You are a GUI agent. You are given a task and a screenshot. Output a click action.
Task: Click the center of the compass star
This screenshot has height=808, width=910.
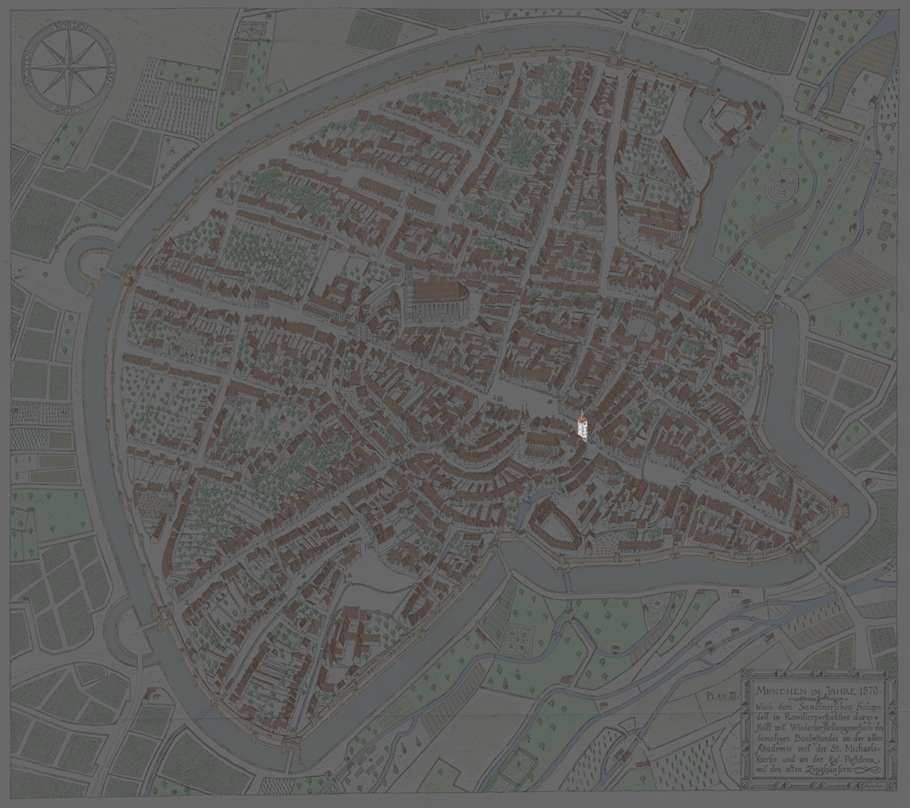(x=69, y=67)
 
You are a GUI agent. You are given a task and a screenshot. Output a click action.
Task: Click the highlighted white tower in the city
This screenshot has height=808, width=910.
(x=583, y=424)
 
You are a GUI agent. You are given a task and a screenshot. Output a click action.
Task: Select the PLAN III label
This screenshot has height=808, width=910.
(x=721, y=696)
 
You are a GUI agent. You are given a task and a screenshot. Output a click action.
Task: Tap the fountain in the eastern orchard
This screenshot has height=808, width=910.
(x=840, y=325)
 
